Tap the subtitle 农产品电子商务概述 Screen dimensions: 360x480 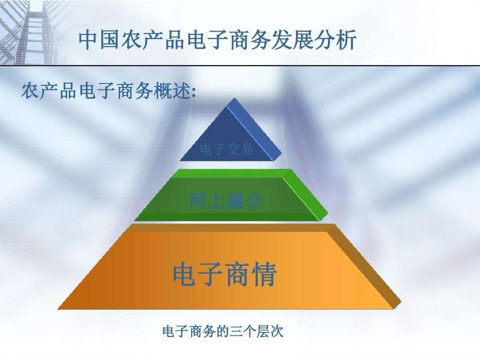click(x=108, y=92)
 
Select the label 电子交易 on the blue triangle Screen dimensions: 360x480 click(x=226, y=149)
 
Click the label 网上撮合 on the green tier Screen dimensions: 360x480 click(x=226, y=201)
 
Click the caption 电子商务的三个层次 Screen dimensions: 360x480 click(x=223, y=332)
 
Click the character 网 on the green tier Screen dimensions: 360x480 click(x=198, y=201)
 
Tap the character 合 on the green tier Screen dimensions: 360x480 click(x=254, y=201)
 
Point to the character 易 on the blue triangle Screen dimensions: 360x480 click(x=246, y=149)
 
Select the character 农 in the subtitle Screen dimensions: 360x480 click(x=29, y=92)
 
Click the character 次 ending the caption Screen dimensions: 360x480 click(x=277, y=332)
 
